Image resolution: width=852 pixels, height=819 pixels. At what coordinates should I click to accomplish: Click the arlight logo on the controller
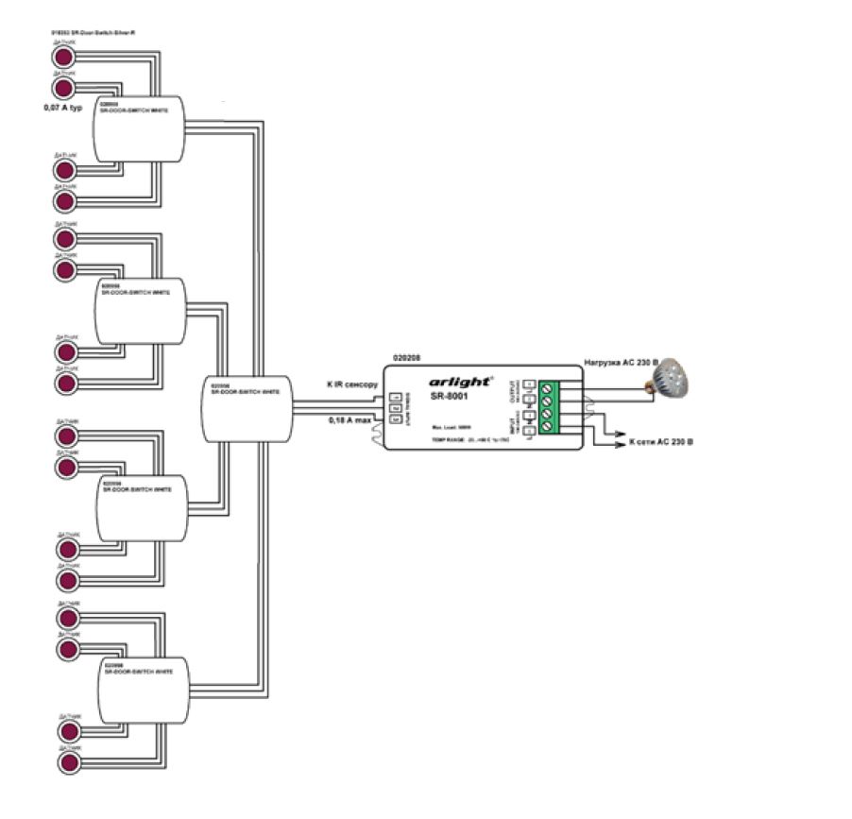[461, 382]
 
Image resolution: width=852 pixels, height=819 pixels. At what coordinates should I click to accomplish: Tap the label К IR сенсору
[352, 384]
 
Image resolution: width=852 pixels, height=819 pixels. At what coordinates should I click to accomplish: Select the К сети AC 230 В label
[660, 441]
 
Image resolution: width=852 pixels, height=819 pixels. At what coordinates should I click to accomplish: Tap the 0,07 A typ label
[63, 108]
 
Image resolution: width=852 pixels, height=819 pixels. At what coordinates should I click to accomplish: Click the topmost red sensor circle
[64, 58]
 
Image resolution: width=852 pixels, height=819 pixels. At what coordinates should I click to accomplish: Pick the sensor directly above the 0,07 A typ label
[64, 88]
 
